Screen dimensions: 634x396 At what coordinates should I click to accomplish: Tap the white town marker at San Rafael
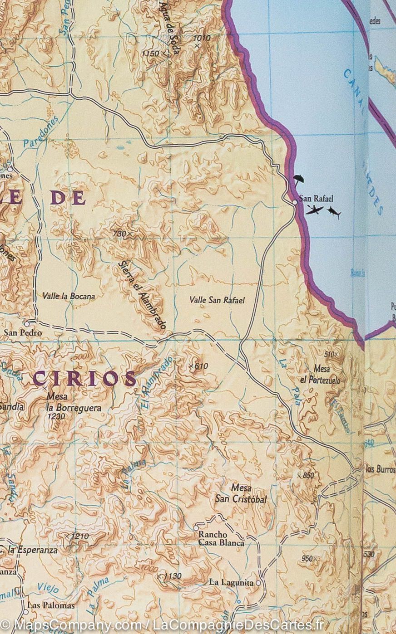295,202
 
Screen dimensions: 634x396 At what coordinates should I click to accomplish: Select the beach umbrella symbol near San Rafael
298,180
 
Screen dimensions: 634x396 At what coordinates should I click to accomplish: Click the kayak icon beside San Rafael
314,210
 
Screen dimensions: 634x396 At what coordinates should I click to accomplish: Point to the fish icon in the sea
334,212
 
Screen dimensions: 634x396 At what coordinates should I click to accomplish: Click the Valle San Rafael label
217,300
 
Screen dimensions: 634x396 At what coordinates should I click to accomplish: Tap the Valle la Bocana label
69,296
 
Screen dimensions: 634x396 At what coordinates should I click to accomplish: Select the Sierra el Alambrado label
142,295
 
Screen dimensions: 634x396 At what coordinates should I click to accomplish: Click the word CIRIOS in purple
85,378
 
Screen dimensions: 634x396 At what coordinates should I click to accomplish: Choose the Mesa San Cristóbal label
241,494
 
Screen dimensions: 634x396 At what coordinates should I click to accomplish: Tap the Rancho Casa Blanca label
221,538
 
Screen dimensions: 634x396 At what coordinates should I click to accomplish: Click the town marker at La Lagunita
258,582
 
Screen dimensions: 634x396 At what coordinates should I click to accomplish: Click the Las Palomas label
51,605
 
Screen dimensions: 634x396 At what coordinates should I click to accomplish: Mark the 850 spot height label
308,475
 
